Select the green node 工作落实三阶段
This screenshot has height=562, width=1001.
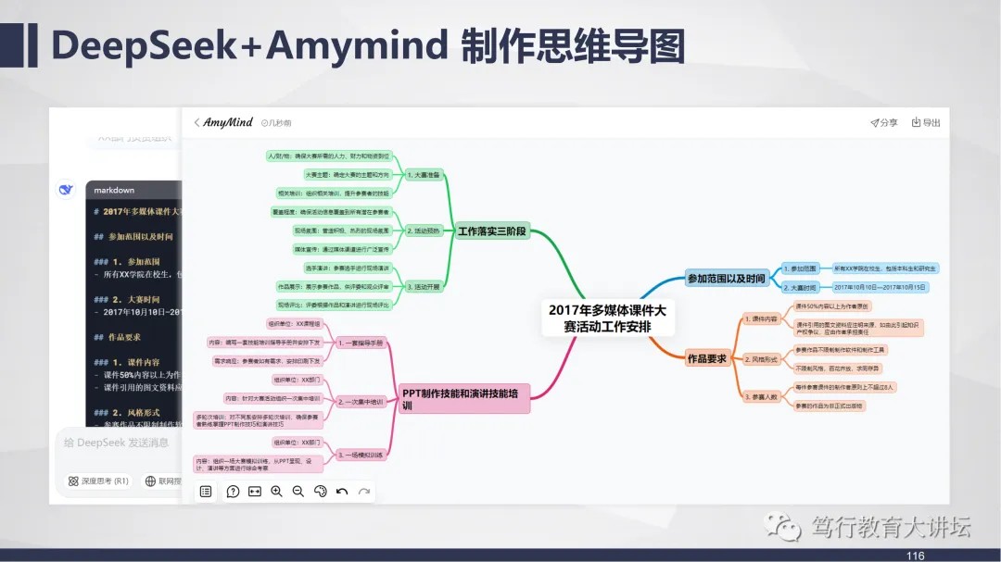492,231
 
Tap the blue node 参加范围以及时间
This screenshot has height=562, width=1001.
726,278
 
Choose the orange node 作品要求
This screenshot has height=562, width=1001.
706,358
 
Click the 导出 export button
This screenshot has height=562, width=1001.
925,122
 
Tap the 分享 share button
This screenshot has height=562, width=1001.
883,122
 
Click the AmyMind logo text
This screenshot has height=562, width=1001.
228,122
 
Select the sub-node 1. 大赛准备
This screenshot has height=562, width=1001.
424,174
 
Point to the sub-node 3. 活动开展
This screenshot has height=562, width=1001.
424,287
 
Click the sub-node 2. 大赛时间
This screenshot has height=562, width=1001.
798,287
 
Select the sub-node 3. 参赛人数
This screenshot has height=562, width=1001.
761,396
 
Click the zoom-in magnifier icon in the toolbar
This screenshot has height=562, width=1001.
276,492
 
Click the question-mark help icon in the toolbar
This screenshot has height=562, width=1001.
233,492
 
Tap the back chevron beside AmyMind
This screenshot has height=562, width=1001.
196,122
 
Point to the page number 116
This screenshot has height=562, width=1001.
916,556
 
